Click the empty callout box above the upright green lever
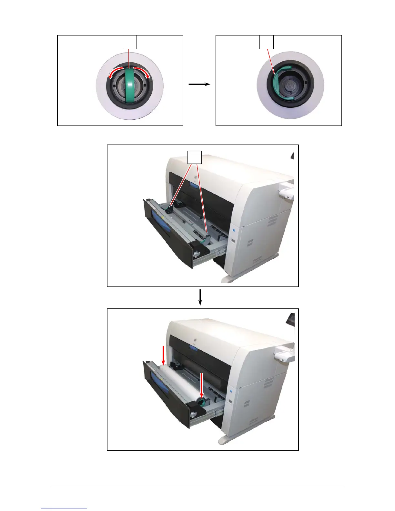[x=130, y=42]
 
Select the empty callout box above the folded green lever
[x=267, y=42]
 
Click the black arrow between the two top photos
[x=199, y=84]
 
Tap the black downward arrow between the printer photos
[x=200, y=297]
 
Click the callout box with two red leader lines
[x=195, y=157]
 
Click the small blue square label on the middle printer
[x=235, y=230]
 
